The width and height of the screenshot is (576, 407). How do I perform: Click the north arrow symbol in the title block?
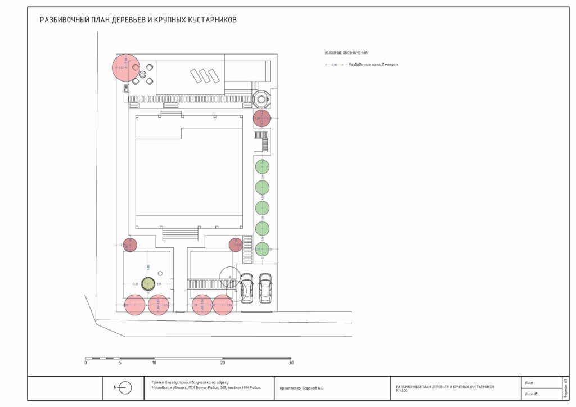[125, 387]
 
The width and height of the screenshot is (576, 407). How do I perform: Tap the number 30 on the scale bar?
[291, 363]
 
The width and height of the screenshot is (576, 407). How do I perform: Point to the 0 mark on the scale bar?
[85, 363]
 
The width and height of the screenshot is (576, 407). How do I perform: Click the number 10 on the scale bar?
[154, 363]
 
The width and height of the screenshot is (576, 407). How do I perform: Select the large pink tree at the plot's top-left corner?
[126, 67]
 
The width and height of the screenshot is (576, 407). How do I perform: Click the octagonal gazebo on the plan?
[262, 98]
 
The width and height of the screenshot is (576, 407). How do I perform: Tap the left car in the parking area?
[246, 287]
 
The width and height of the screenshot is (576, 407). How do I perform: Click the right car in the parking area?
[265, 287]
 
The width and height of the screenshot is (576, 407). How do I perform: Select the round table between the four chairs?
[143, 74]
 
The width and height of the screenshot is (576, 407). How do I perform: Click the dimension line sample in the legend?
[334, 65]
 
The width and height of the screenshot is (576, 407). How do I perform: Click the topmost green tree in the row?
[262, 167]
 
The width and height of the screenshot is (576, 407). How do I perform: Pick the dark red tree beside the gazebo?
[262, 119]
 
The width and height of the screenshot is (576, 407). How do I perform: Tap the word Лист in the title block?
[529, 382]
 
